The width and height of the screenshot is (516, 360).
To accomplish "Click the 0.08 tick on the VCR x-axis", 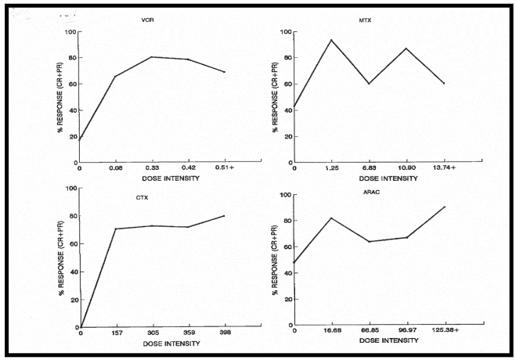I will (x=117, y=167).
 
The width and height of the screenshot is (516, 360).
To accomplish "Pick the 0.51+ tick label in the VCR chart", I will (x=225, y=167).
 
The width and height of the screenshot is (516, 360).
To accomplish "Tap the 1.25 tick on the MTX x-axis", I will (x=331, y=167).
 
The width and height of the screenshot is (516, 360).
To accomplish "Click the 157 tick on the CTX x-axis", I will (x=117, y=333).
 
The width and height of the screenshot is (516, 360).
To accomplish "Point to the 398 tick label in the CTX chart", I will (x=225, y=333).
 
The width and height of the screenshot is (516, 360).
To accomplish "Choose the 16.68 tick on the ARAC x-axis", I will (x=331, y=330).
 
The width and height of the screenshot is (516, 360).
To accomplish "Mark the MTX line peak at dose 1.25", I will (x=331, y=40).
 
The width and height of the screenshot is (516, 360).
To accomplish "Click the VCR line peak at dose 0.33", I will (x=151, y=56).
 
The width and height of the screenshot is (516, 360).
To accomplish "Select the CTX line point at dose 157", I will (x=117, y=229).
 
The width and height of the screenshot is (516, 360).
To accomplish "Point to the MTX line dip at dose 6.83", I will (x=368, y=84).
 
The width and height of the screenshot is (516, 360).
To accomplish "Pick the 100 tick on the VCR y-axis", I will (x=71, y=32).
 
